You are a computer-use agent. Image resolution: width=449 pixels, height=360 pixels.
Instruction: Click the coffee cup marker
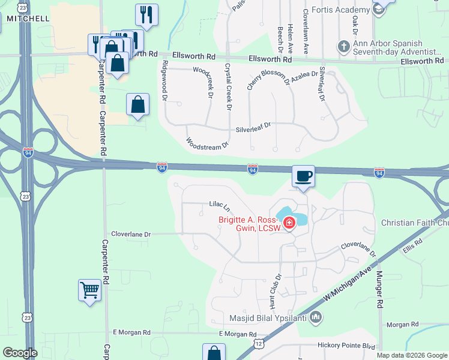point(303,176)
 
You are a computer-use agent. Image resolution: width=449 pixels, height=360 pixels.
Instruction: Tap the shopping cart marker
point(89,290)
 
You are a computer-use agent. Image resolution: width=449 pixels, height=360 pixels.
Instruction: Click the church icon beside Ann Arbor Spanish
point(343,46)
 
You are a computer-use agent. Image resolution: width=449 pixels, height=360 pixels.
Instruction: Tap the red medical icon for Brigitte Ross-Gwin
point(289,224)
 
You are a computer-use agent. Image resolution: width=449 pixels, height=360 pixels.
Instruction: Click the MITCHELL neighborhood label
point(28,19)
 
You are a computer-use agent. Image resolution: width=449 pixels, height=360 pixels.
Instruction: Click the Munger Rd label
point(379,289)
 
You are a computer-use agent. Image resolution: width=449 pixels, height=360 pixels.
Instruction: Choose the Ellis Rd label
point(414,245)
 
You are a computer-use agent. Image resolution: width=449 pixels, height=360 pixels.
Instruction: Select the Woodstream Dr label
point(208,144)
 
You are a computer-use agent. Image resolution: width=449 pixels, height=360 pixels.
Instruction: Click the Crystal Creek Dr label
point(228,86)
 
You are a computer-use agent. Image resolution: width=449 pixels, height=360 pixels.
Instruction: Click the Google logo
point(20,353)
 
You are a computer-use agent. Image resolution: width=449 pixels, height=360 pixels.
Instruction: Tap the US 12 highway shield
point(258,343)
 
